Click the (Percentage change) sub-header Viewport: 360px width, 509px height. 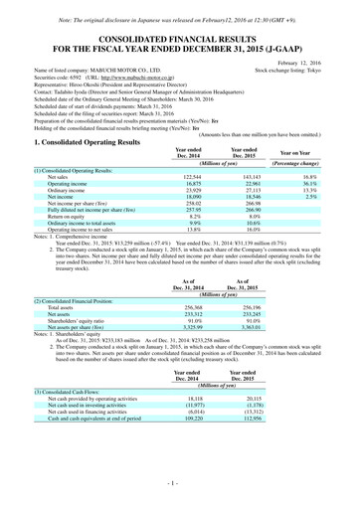pos(309,161)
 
